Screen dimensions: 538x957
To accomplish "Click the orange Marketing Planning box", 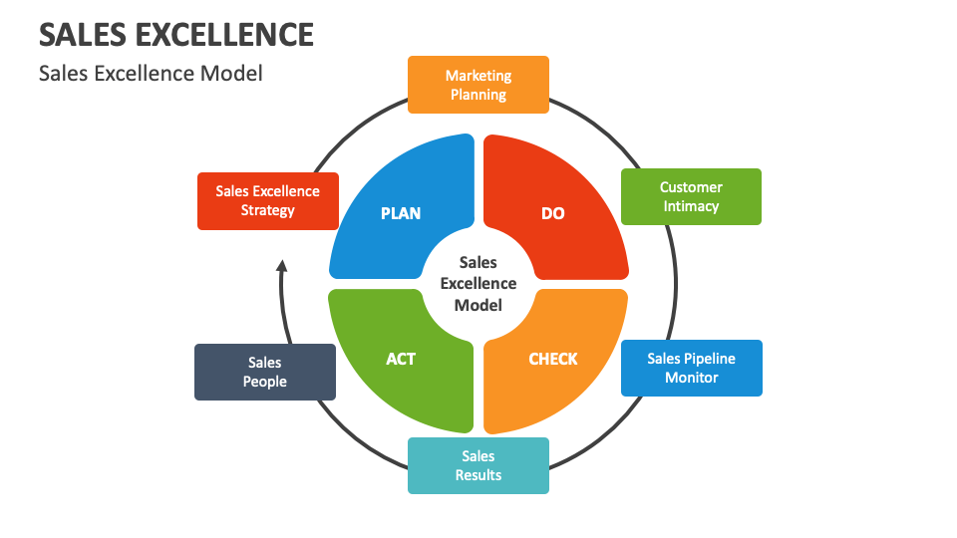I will point(478,85).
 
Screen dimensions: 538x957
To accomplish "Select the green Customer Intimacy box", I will point(691,196).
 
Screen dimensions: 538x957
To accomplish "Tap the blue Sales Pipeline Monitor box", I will point(691,368).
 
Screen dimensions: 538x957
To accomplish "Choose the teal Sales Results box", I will point(478,465).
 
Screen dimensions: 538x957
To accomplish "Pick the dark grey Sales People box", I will point(265,372).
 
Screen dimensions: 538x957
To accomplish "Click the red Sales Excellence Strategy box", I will point(268,200).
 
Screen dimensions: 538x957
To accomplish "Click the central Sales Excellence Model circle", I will point(478,284).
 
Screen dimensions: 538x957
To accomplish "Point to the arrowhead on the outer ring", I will point(282,266).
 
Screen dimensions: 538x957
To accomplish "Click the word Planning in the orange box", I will point(478,95).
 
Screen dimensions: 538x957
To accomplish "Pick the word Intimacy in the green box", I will point(691,206).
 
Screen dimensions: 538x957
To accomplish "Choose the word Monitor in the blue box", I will point(691,378).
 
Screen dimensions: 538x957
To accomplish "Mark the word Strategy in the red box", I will point(268,210).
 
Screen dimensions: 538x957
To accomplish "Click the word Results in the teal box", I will point(478,475).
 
